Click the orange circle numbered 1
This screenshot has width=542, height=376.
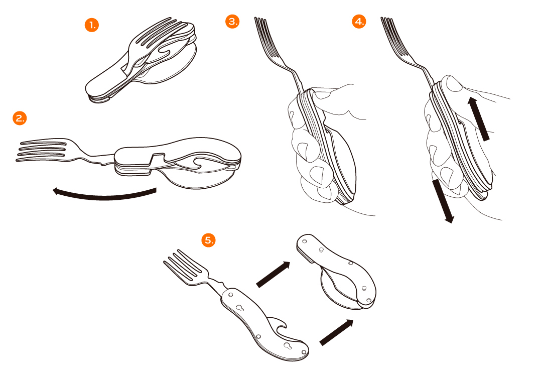point(92,25)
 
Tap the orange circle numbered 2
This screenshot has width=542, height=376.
point(20,118)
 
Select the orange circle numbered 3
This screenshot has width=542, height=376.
point(232,21)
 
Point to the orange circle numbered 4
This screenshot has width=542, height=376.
point(359,21)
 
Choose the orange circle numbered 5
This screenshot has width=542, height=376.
point(208,240)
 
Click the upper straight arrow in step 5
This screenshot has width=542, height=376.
point(273,274)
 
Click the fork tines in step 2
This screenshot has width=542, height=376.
point(42,150)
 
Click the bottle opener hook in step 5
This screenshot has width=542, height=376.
point(279,324)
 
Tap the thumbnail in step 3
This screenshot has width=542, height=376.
point(322,94)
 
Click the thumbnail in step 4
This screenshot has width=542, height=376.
point(454,84)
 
